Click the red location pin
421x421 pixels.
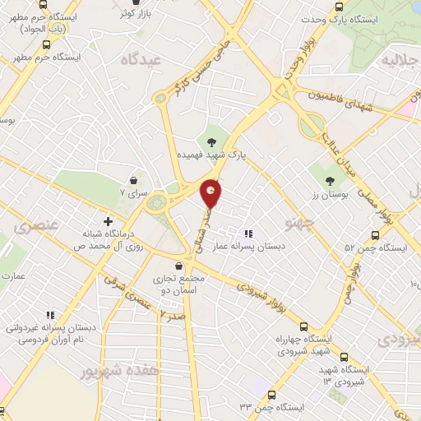tap(211, 192)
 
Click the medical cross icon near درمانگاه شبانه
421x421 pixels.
tap(108, 220)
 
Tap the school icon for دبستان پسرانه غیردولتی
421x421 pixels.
tap(49, 315)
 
